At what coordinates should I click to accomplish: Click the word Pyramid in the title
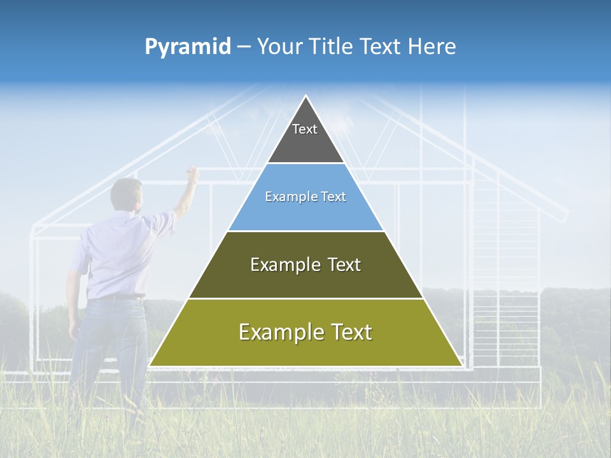(x=187, y=47)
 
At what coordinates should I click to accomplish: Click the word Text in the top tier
(x=305, y=129)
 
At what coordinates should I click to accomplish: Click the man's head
(x=126, y=194)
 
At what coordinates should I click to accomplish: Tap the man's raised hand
(x=192, y=173)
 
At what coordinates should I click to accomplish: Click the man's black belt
(x=118, y=297)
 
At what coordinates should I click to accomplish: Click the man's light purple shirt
(x=118, y=254)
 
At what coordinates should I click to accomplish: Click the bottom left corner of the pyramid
(x=150, y=365)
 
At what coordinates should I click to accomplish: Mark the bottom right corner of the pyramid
(x=461, y=365)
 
